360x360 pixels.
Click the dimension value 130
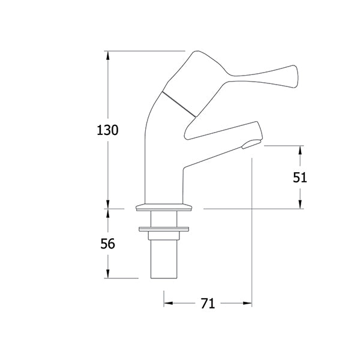click(108, 130)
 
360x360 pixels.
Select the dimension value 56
click(108, 244)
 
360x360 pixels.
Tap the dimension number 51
click(300, 177)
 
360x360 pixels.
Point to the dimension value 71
click(208, 304)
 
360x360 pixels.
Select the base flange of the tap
click(164, 208)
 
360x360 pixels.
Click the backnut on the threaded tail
click(164, 229)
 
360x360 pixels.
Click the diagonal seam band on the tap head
click(180, 103)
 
